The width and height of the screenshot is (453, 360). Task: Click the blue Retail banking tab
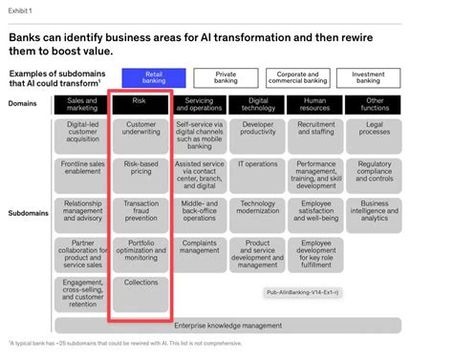(153, 77)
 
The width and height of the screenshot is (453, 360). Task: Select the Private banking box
(225, 77)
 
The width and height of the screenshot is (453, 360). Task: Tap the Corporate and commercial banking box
(297, 77)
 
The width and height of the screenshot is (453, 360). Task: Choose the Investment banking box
(368, 77)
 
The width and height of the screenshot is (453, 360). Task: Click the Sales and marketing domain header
(82, 104)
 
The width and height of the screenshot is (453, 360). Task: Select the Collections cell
(140, 283)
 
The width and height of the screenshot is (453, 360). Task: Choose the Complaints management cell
(199, 247)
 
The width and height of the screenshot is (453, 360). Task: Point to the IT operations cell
(257, 164)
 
